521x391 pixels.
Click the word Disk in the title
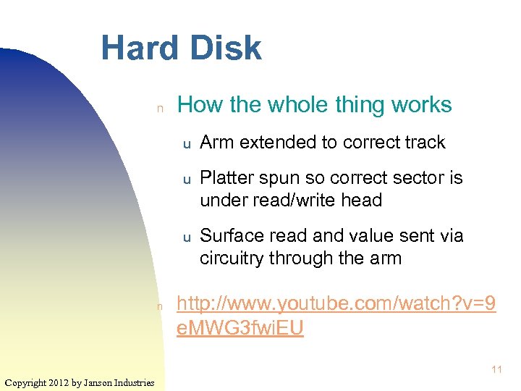click(x=225, y=48)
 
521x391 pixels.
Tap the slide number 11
click(x=496, y=370)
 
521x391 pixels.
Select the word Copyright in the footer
click(x=26, y=382)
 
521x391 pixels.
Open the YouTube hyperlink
click(x=336, y=316)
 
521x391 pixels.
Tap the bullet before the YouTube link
click(x=161, y=307)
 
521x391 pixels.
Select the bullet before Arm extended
click(x=185, y=144)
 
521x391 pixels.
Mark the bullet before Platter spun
click(x=185, y=180)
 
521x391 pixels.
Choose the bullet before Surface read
click(x=185, y=237)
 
